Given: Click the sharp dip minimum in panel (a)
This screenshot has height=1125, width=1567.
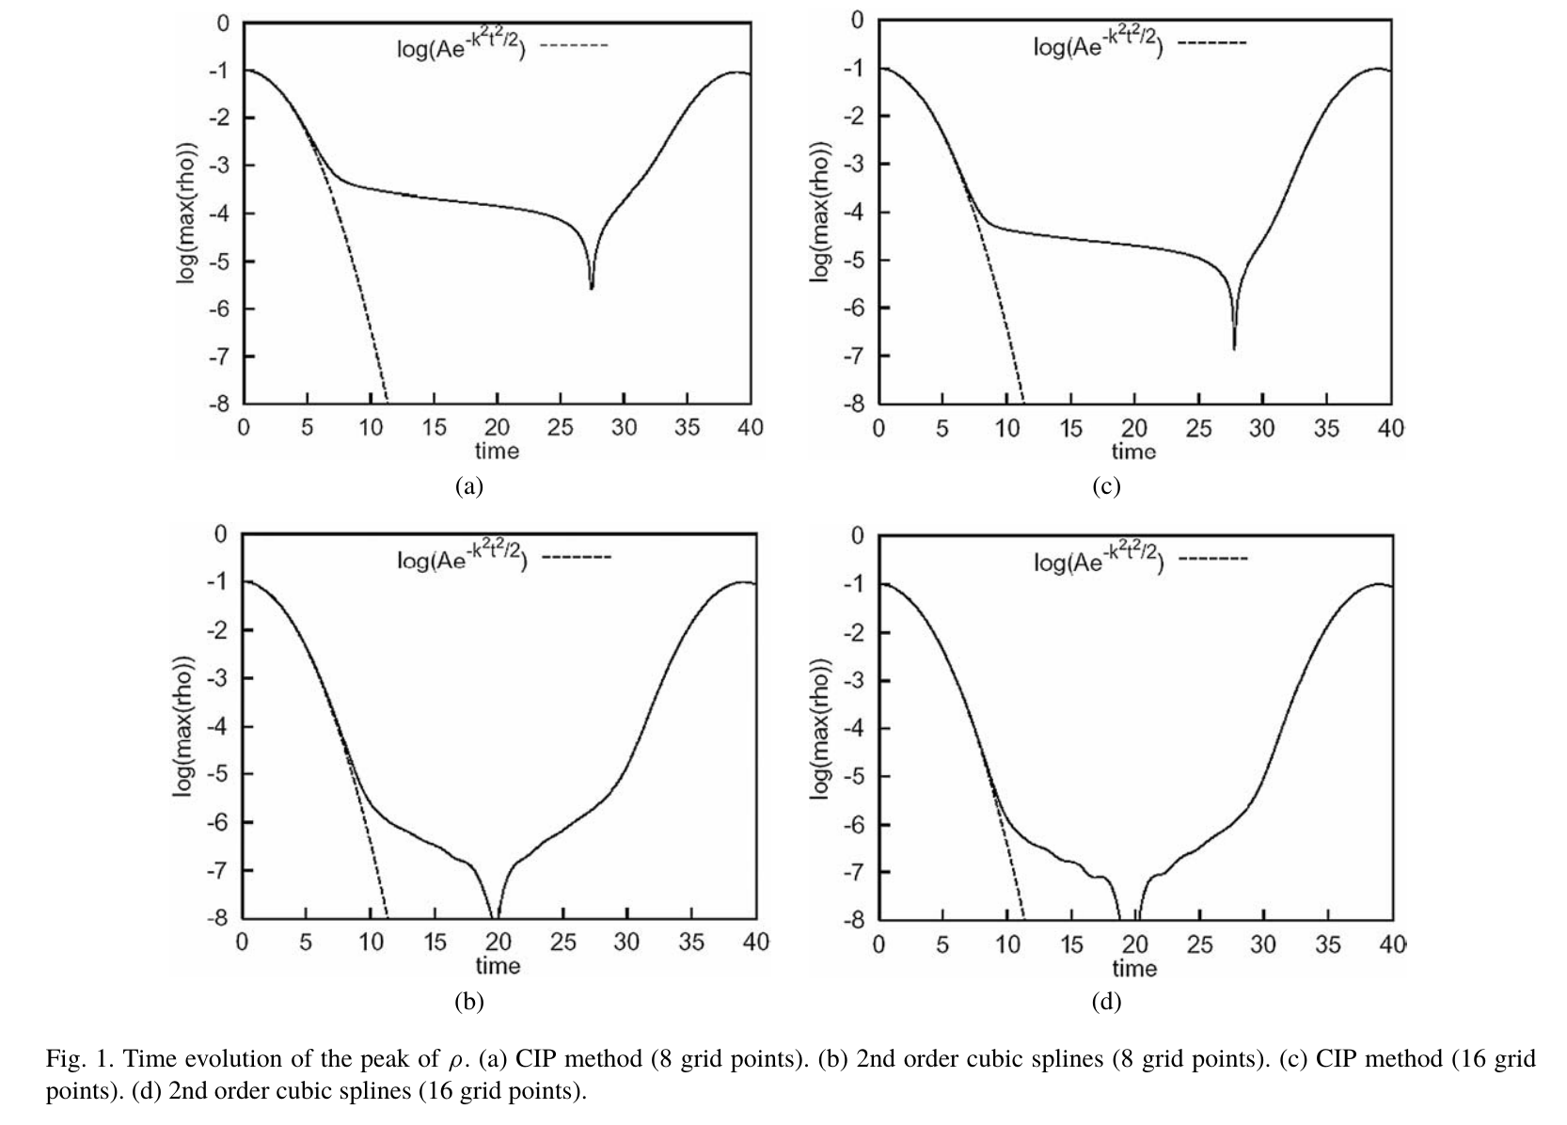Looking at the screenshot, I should tap(592, 287).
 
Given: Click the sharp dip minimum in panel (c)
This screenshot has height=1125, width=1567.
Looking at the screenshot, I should tap(1234, 348).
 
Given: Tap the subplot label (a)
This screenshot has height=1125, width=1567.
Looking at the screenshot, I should tap(468, 486).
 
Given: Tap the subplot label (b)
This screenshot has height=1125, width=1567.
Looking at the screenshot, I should tap(468, 1002).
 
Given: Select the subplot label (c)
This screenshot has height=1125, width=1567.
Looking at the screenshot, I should tap(1105, 486).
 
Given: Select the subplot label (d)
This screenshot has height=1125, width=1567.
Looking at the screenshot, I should tap(1105, 1002).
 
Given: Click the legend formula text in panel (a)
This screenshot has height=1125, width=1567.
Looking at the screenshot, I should tap(461, 45).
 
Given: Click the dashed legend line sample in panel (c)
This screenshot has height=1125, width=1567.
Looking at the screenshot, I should tap(1212, 43).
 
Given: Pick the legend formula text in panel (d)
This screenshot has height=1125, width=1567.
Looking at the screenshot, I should tap(1099, 560).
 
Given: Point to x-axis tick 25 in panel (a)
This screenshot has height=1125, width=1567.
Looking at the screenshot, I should tap(561, 428).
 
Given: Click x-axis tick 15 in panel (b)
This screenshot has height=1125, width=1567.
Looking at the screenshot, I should tap(435, 943).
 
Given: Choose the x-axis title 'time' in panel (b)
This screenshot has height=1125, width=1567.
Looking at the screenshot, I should tap(498, 966).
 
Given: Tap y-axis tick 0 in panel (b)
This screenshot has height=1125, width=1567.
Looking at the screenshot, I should tap(222, 534).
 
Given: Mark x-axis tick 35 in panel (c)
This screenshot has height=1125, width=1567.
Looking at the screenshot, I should tap(1325, 429).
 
